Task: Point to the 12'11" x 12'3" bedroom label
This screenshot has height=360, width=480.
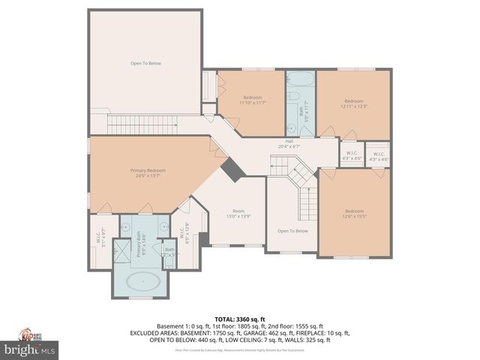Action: pos(353,103)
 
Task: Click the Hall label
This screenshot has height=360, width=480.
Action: pos(289,143)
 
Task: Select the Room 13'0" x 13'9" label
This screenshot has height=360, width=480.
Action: pos(238,214)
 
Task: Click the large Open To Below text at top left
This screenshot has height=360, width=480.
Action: pos(145,63)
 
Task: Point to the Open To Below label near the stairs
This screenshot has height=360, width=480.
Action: pos(292,231)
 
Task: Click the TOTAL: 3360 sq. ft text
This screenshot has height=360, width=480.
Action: pos(239,319)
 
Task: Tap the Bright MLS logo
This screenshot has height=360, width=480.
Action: pos(30,349)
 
